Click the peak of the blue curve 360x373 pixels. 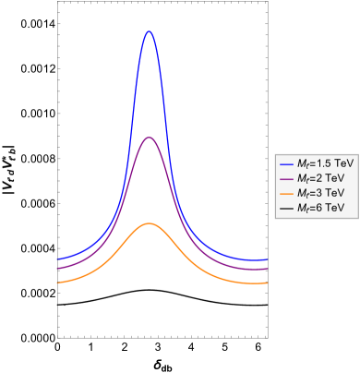(x=149, y=31)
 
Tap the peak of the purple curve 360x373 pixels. (x=149, y=138)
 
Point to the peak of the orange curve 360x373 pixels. (x=149, y=223)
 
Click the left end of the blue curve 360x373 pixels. (x=57, y=259)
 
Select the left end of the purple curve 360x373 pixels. (x=57, y=269)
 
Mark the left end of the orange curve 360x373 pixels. (x=57, y=283)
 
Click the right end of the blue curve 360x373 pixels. (x=268, y=259)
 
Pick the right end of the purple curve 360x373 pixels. (x=268, y=269)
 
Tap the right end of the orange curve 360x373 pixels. (x=268, y=283)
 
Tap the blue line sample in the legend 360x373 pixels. (x=286, y=163)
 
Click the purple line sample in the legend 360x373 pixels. (x=286, y=178)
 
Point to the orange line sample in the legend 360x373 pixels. (x=286, y=194)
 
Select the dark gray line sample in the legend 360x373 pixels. (x=286, y=209)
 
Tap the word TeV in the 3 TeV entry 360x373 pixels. (x=333, y=193)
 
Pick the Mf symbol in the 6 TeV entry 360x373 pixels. (x=302, y=209)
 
